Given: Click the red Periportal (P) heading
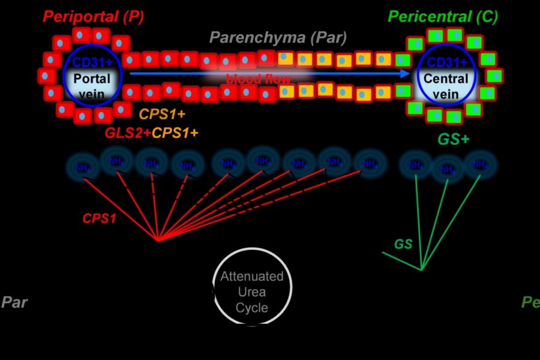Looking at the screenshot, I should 92,17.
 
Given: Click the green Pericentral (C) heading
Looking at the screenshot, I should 443,17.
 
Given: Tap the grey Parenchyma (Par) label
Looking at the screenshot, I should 278,38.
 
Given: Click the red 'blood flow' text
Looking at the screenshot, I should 259,79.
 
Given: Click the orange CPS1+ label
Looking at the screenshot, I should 162,114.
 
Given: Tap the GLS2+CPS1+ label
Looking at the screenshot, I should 152,133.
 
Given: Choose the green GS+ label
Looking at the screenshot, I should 453,139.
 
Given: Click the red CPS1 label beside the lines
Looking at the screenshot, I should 100,219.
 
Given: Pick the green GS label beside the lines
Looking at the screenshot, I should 403,244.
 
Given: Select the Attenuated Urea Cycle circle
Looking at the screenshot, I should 252,286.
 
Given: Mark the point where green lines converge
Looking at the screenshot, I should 422,269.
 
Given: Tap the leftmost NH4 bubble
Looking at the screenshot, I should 83,167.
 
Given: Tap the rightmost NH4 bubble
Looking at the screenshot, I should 479,164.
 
